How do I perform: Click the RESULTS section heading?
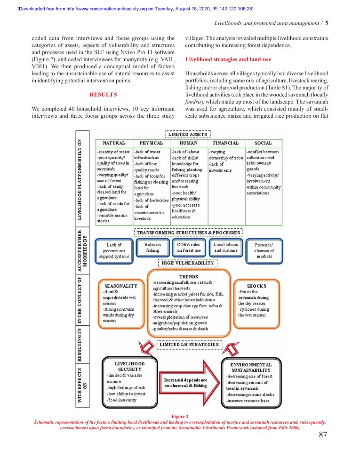(x=103, y=95)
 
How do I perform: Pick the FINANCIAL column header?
(x=226, y=143)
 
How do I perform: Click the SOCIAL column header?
(x=263, y=143)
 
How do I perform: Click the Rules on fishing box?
(x=152, y=248)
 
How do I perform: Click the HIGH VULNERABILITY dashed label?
(x=187, y=263)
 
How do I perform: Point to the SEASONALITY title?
(x=121, y=286)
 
